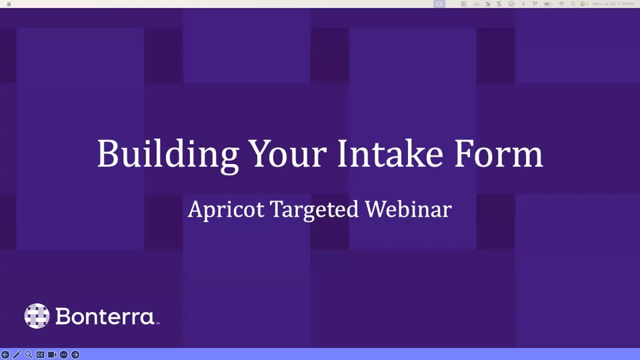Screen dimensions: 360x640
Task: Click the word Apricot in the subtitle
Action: pos(225,210)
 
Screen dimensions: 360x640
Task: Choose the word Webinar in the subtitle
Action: pos(409,210)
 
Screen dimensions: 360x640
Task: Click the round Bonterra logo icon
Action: pos(37,316)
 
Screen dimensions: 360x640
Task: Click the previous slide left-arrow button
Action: pos(5,355)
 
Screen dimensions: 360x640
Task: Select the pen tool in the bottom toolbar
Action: pos(17,355)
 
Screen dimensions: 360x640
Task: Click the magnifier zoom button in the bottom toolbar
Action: pos(29,355)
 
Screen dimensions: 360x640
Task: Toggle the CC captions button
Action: pos(40,355)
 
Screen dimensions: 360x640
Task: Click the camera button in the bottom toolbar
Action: pos(52,355)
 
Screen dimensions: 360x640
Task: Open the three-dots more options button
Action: pos(63,355)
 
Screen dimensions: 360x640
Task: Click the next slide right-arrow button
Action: pos(75,355)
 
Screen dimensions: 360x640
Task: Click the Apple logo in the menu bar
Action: pos(7,4)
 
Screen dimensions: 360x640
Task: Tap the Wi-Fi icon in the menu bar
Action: pos(561,4)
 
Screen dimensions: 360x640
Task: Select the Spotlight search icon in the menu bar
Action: pos(573,4)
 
